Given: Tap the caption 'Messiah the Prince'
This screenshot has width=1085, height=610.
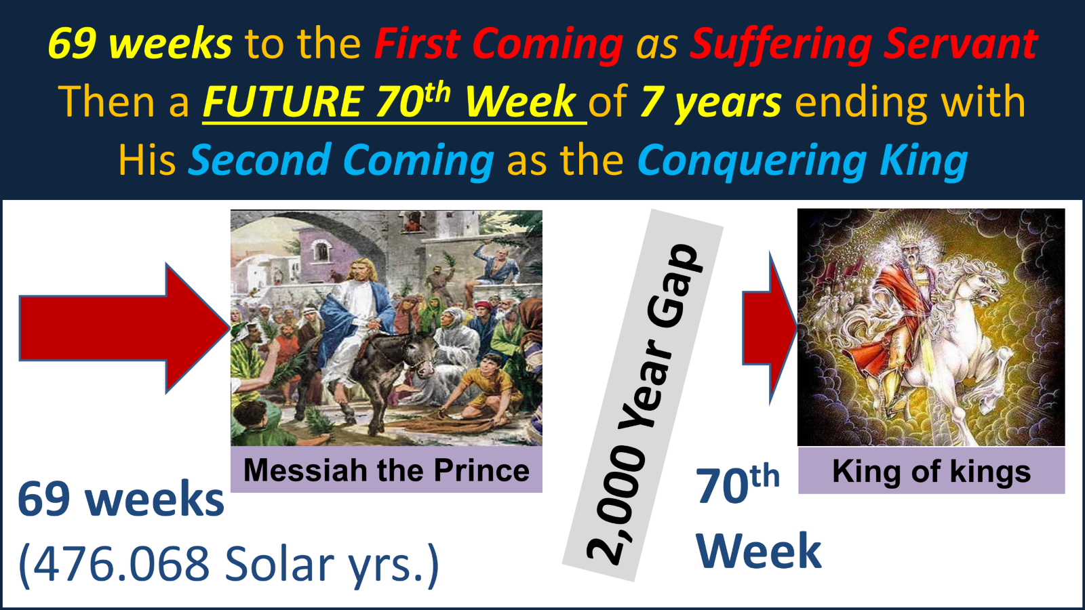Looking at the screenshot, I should pyautogui.click(x=386, y=470).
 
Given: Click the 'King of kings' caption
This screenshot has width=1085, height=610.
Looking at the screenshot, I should pyautogui.click(x=931, y=471).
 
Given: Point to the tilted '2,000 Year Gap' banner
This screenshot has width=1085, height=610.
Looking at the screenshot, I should pyautogui.click(x=642, y=400).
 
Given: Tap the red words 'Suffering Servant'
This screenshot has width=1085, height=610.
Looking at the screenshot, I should pyautogui.click(x=863, y=44).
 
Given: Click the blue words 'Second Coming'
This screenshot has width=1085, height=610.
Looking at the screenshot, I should pyautogui.click(x=341, y=161).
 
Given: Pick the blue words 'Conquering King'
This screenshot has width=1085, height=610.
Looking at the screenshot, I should pyautogui.click(x=802, y=161).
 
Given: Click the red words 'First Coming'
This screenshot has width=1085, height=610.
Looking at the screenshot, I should pyautogui.click(x=498, y=44).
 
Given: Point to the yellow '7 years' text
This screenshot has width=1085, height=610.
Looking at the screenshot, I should pyautogui.click(x=710, y=102).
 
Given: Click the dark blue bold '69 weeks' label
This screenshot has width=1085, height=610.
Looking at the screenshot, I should pyautogui.click(x=121, y=500).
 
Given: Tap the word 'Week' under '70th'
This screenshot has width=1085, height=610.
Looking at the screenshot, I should pyautogui.click(x=758, y=550).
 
